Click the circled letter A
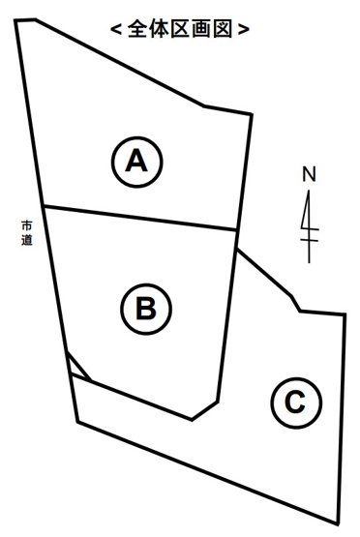click(x=136, y=162)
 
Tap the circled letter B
click(x=146, y=309)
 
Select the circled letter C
click(x=296, y=403)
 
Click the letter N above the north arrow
click(x=309, y=174)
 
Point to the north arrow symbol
click(x=309, y=226)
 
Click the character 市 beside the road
click(x=27, y=225)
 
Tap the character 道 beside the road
click(x=27, y=240)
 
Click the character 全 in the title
click(x=138, y=29)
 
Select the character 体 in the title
click(x=160, y=29)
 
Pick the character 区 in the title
click(x=180, y=29)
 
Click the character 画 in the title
click(x=201, y=29)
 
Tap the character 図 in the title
click(x=223, y=29)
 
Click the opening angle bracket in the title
click(x=116, y=29)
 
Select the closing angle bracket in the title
click(x=243, y=29)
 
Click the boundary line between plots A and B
click(x=139, y=218)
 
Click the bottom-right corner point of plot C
click(x=338, y=523)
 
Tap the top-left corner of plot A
click(x=15, y=21)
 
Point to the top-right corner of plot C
click(x=345, y=314)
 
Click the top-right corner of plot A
click(x=252, y=114)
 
